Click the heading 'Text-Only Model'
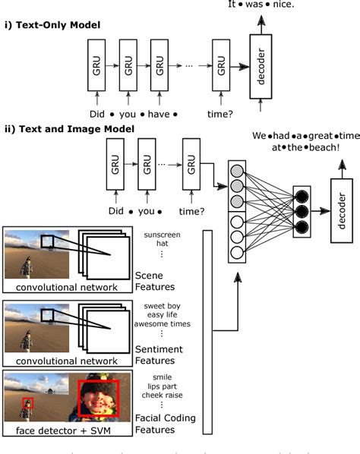coord(58,26)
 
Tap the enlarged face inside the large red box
coord(99,397)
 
